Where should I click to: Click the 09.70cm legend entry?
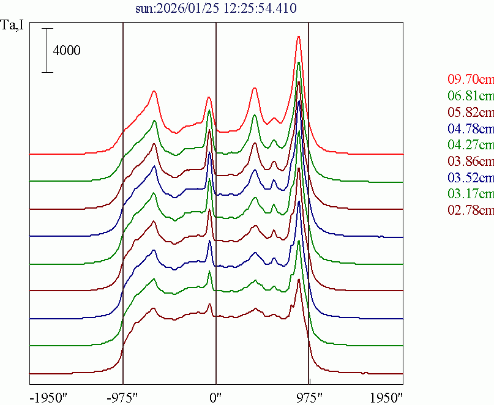[470, 80]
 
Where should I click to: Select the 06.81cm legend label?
[470, 96]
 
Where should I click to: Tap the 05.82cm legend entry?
[470, 113]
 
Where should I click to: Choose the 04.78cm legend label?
[470, 129]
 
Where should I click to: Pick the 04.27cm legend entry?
[470, 146]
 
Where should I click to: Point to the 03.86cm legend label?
[470, 162]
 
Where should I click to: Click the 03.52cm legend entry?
[470, 178]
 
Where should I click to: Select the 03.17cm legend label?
[470, 195]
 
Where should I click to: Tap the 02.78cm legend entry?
[470, 211]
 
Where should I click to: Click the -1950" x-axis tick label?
[49, 396]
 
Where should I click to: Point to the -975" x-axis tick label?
[123, 396]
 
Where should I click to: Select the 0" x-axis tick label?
[215, 396]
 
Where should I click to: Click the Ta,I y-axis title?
[13, 26]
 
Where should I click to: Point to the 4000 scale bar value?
[67, 51]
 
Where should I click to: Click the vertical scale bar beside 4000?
[48, 51]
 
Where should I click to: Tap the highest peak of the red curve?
[298, 37]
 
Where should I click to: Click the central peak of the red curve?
[209, 97]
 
